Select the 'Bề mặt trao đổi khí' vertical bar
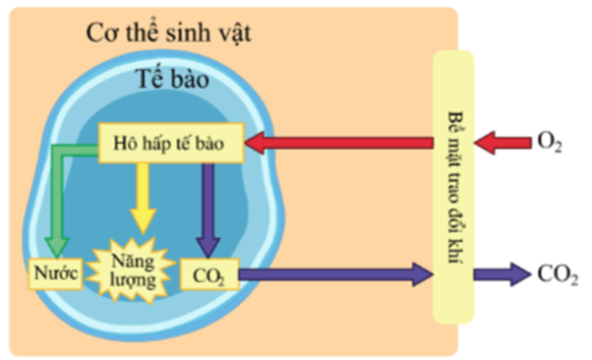point(453,187)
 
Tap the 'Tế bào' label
point(171,81)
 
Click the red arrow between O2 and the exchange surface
point(502,144)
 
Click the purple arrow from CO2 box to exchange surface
point(334,274)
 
